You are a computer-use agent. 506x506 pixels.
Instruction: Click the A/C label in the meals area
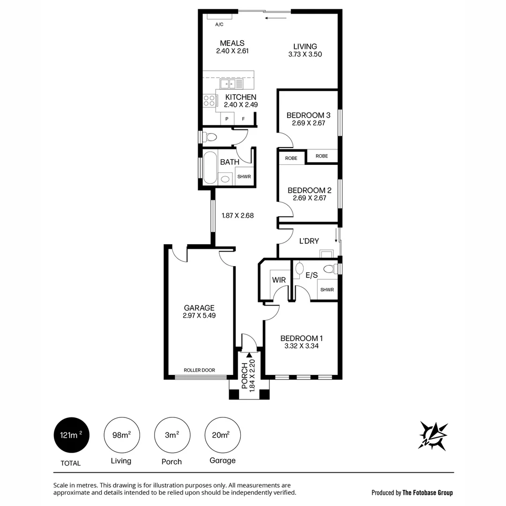[x=218, y=24]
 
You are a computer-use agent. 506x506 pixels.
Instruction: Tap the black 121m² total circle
[x=71, y=435]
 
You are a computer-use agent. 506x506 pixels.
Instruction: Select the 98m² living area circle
[x=121, y=435]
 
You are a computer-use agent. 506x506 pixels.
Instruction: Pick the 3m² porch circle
[x=171, y=435]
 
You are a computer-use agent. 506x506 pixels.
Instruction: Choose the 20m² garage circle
[x=223, y=435]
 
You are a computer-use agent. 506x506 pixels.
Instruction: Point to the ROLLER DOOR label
[x=199, y=370]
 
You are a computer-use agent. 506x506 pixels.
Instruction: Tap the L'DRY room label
[x=309, y=241]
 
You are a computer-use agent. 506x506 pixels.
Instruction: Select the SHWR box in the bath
[x=244, y=177]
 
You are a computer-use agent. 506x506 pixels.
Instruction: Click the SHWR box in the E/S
[x=327, y=290]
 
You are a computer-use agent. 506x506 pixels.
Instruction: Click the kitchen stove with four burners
[x=209, y=101]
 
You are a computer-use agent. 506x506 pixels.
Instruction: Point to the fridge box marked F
[x=243, y=119]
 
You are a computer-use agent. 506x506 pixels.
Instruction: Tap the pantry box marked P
[x=227, y=119]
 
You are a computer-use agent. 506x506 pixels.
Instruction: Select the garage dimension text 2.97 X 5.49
[x=199, y=316]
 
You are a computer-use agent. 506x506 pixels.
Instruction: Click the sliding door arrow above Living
[x=275, y=18]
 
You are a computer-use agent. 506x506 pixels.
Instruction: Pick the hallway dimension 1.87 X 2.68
[x=238, y=216]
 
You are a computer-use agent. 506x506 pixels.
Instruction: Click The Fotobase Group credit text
[x=427, y=492]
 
